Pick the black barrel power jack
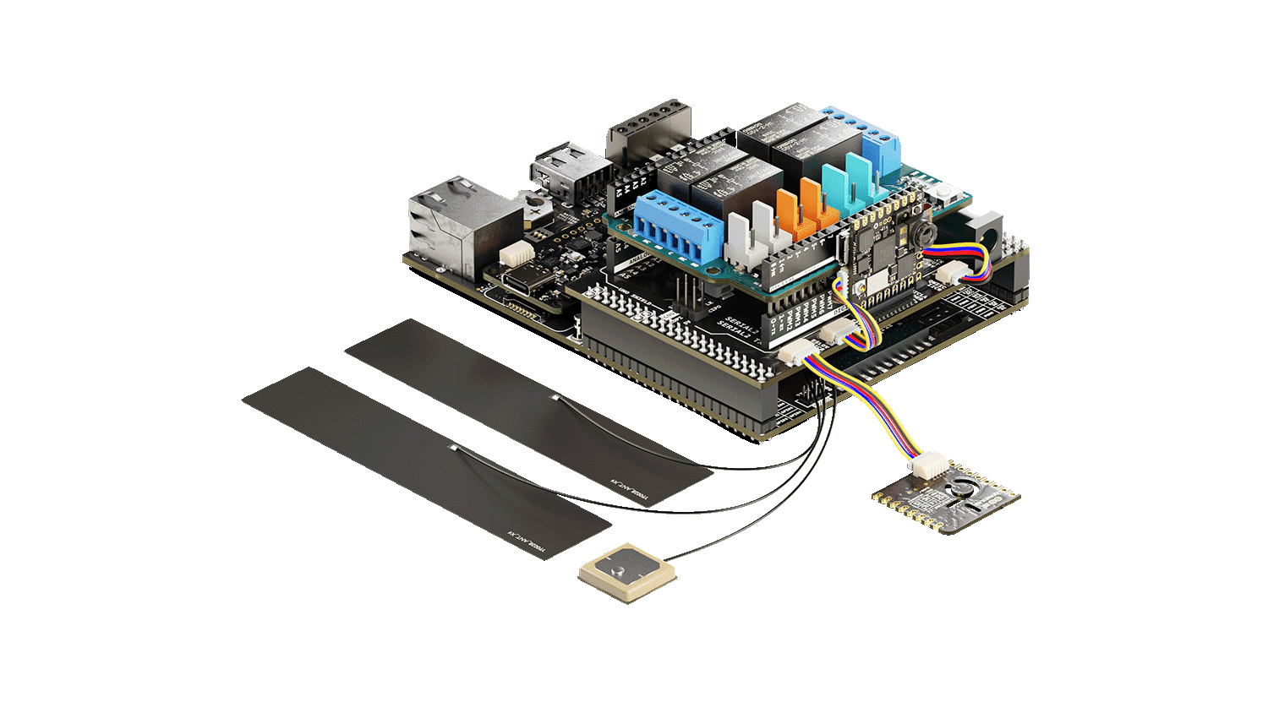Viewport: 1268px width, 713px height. tap(984, 228)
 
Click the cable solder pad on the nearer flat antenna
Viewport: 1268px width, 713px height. tap(454, 447)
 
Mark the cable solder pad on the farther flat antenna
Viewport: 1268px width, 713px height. tap(555, 397)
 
